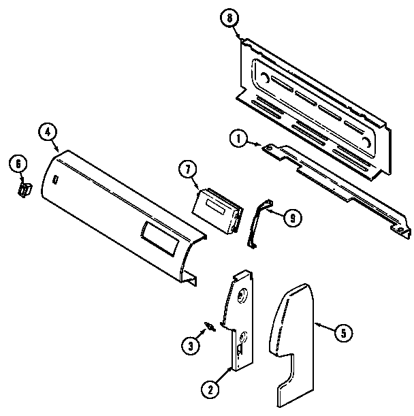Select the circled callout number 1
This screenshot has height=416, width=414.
coord(238,140)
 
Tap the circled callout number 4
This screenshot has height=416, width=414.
coord(48,132)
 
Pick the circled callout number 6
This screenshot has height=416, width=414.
coord(18,163)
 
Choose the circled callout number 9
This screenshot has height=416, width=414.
coord(291,218)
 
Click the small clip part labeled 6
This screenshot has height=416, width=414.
coord(25,188)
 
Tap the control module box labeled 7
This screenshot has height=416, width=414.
coord(217,211)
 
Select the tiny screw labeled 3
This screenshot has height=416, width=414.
coord(212,327)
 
